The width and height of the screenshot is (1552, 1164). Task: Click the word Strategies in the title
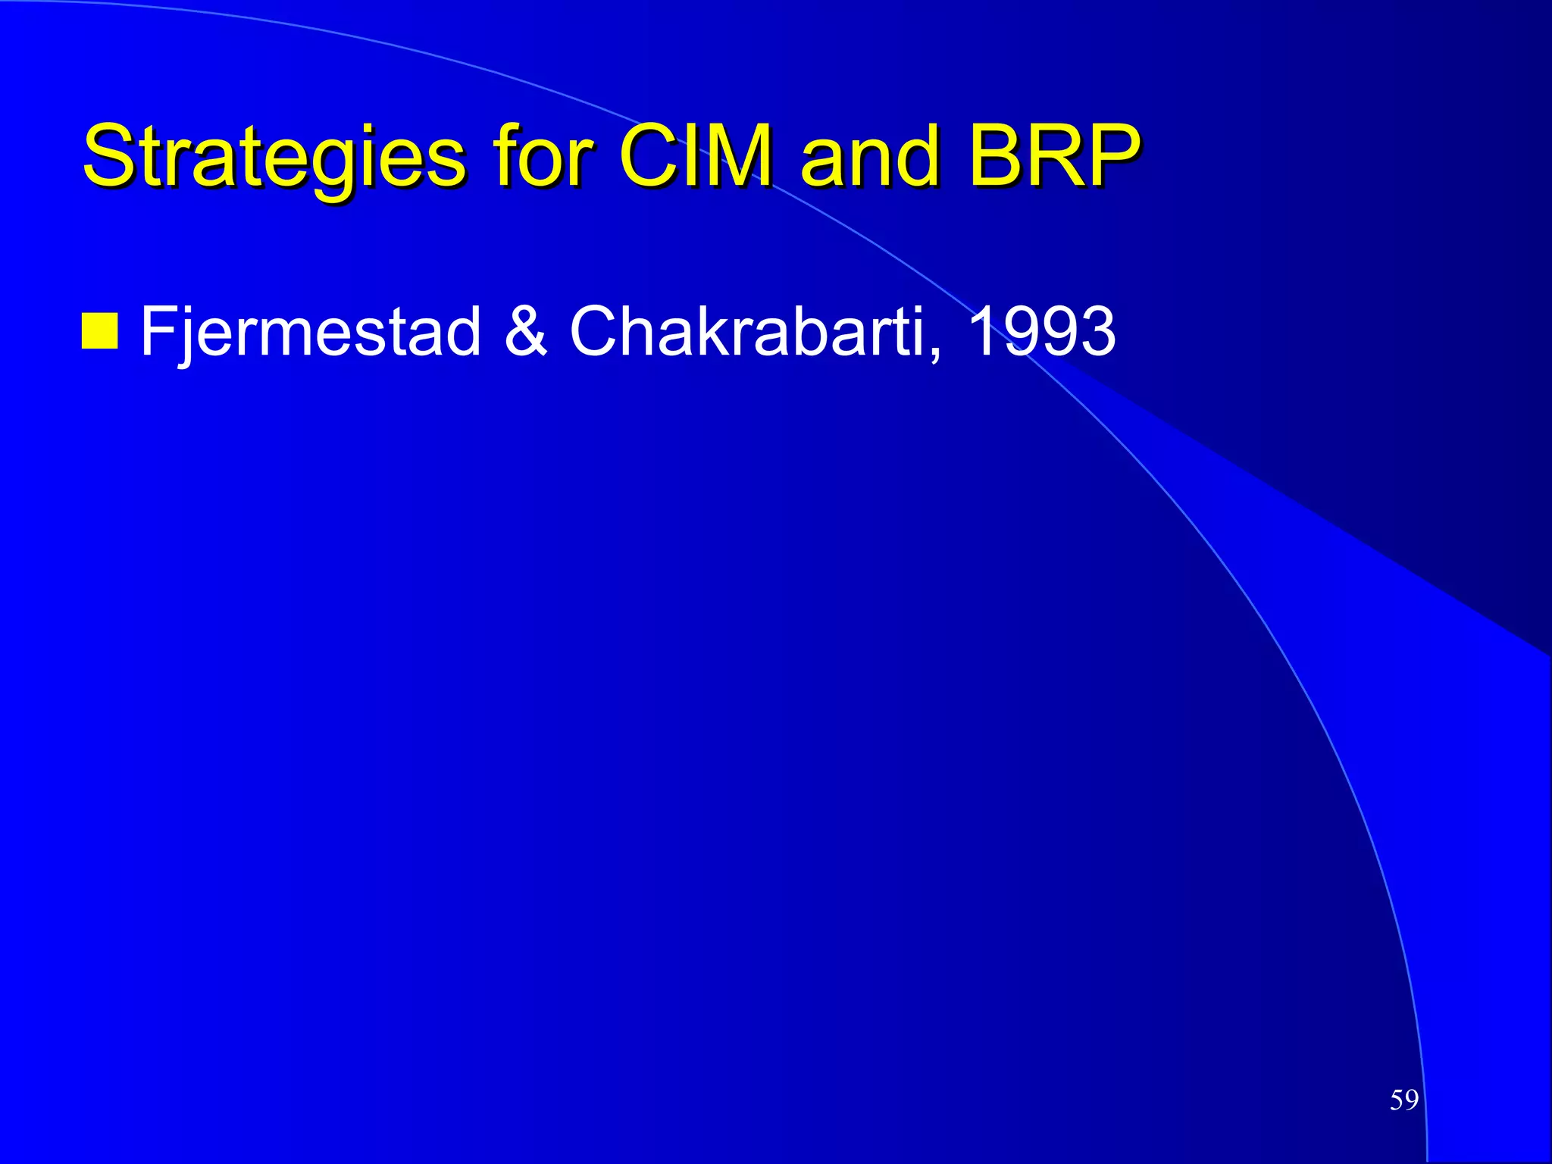273,157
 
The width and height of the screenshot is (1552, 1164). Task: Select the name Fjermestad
311,332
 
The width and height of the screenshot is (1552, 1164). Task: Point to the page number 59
1403,1100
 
